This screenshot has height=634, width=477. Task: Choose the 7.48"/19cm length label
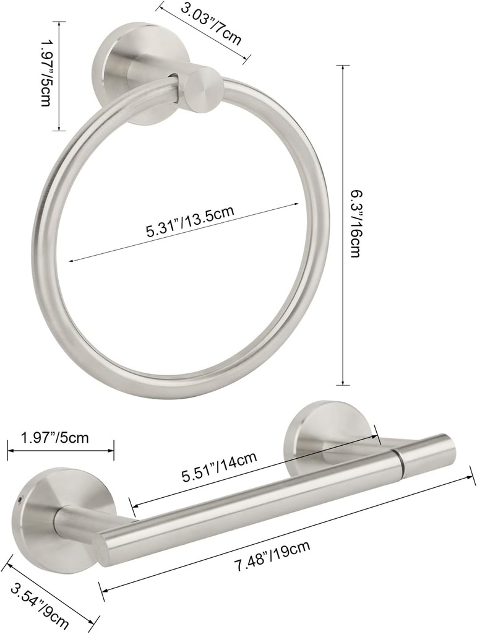(273, 557)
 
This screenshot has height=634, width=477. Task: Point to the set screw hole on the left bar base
(21, 500)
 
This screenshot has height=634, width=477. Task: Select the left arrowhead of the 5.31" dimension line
(70, 261)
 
